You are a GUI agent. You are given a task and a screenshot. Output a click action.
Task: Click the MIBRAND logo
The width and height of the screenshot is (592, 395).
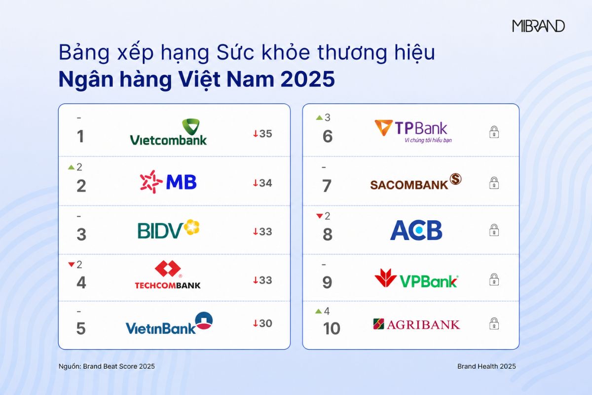tap(538, 26)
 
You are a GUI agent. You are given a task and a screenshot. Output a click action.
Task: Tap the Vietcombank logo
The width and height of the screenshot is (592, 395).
tap(168, 132)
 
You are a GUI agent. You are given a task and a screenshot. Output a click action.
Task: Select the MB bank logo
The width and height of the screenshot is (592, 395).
tap(168, 182)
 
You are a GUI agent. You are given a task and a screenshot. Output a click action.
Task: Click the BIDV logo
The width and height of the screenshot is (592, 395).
tap(169, 229)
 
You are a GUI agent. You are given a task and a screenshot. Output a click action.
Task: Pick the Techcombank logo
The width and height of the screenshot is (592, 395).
tap(168, 275)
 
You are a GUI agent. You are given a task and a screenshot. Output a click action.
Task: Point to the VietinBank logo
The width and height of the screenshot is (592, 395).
tap(169, 323)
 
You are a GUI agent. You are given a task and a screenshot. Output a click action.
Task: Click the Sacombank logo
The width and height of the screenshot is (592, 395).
tap(416, 182)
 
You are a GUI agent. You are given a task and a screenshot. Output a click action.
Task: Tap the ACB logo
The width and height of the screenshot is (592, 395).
tap(416, 230)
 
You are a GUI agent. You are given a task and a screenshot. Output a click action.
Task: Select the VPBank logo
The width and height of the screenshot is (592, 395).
tap(416, 278)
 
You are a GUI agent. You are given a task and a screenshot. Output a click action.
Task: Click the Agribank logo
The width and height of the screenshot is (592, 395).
tap(416, 324)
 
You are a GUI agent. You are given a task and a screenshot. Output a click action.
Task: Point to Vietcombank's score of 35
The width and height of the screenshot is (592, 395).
tap(262, 134)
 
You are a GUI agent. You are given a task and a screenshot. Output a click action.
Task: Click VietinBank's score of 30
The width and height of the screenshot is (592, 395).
tap(262, 323)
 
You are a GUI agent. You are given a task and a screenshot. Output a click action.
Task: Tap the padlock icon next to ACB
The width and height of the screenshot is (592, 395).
tap(494, 230)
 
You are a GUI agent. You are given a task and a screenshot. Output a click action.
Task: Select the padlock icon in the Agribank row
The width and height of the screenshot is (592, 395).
tap(494, 323)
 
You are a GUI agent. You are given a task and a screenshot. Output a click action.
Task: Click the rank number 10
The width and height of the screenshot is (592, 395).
tap(332, 328)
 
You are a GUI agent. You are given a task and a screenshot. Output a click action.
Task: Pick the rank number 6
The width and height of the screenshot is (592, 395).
tap(328, 136)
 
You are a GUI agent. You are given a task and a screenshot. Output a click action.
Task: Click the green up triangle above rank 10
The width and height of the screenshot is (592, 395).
tap(319, 312)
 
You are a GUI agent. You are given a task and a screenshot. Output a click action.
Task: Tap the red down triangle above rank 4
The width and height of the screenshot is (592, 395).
tap(72, 264)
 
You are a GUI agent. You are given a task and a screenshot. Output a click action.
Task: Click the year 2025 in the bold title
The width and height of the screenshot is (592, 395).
tap(308, 79)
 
